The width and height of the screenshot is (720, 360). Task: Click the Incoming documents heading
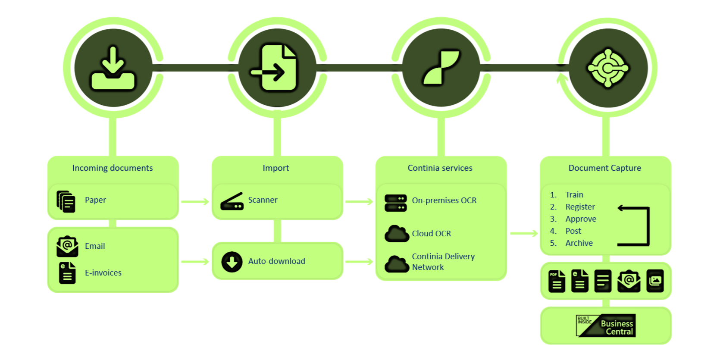pos(113,168)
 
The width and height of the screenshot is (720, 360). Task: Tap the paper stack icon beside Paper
pos(66,201)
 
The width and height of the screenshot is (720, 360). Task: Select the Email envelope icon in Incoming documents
pos(67,246)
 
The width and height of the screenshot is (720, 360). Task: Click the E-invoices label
pos(103,273)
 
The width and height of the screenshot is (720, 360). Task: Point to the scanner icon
pos(232,202)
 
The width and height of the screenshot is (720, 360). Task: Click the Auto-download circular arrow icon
pos(232,262)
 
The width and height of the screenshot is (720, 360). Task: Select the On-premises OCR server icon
pos(395,203)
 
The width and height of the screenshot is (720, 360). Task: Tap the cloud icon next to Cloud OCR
pos(396,234)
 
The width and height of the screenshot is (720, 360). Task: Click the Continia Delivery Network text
pos(443,262)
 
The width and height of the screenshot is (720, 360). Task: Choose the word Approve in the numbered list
pos(581,219)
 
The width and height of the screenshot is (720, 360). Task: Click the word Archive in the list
pos(579,243)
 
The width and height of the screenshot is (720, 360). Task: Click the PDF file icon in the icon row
pos(557,282)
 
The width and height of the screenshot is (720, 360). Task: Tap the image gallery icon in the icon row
pos(655,281)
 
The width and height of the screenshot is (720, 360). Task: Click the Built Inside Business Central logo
pos(606,326)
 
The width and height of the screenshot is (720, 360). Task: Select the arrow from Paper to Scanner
pos(195,201)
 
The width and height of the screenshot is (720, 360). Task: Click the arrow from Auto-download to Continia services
pos(359,262)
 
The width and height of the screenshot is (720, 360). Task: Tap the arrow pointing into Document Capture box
pos(524,233)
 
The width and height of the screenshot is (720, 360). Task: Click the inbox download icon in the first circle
pos(113,69)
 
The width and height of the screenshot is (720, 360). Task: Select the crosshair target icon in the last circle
pos(608,68)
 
